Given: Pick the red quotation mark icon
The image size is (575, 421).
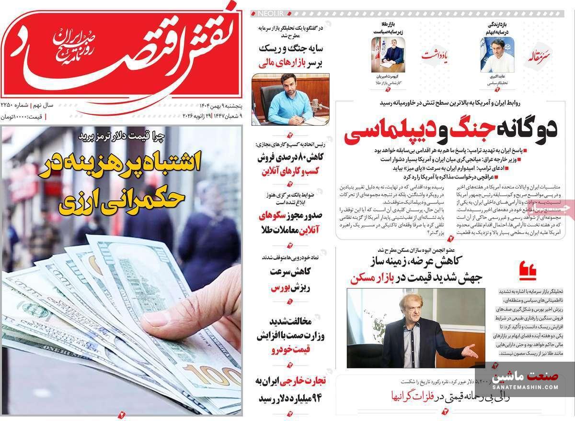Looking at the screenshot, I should pyautogui.click(x=528, y=271).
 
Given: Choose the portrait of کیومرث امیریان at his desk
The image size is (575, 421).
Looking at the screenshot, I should pyautogui.click(x=388, y=55).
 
